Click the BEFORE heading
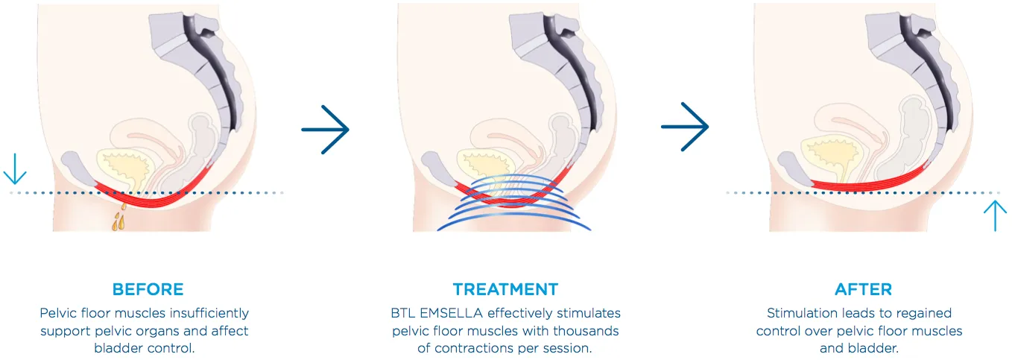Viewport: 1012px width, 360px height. [x=148, y=289]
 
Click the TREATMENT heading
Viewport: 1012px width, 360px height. [x=505, y=289]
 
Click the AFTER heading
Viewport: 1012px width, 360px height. [x=864, y=289]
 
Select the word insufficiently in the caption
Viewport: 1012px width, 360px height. [x=209, y=313]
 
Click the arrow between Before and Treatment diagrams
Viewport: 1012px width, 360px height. [x=325, y=130]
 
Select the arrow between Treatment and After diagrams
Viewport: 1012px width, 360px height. [x=685, y=127]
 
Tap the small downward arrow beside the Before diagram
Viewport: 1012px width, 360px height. [x=15, y=169]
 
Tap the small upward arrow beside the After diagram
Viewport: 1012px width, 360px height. [x=995, y=216]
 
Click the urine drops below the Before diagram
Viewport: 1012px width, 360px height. [x=119, y=217]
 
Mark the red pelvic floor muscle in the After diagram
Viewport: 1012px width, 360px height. [x=870, y=182]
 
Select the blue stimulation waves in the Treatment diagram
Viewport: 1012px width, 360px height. [x=513, y=203]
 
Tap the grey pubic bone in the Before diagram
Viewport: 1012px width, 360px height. [x=78, y=167]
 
